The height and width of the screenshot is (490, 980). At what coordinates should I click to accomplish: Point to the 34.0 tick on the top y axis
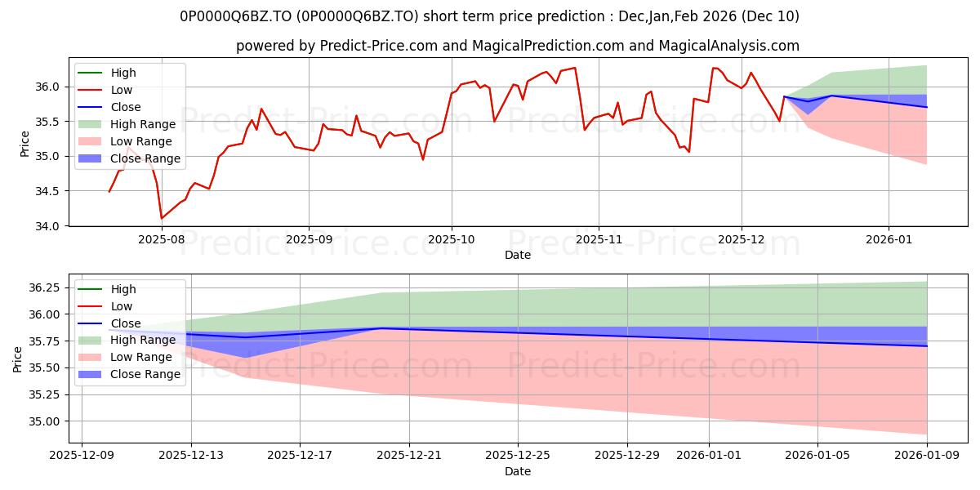pyautogui.click(x=47, y=226)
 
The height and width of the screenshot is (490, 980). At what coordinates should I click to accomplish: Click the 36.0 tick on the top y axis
pyautogui.click(x=47, y=87)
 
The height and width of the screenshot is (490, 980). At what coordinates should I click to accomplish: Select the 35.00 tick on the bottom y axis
pyautogui.click(x=43, y=421)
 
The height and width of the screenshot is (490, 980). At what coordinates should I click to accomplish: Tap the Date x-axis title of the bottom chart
pyautogui.click(x=518, y=471)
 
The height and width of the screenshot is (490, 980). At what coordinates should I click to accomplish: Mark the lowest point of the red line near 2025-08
pyautogui.click(x=162, y=218)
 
